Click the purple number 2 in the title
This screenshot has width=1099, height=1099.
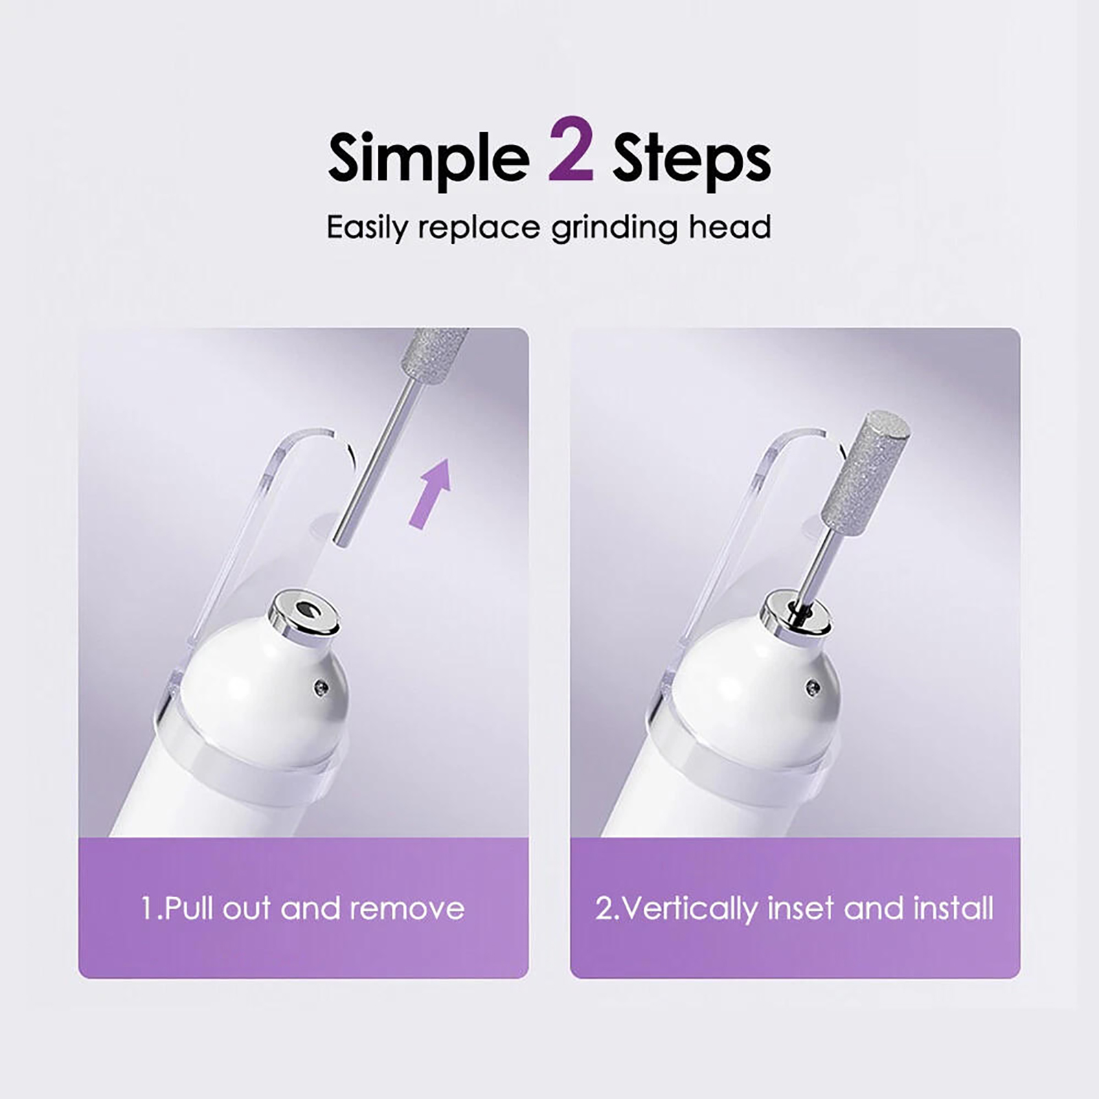point(571,152)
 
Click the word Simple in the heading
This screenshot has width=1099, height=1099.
point(429,160)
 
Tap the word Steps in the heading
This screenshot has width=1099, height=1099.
point(691,160)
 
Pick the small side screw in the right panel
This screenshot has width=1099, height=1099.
point(813,685)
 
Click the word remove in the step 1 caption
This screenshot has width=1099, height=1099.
point(407,909)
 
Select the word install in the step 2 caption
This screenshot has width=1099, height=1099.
point(953,909)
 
